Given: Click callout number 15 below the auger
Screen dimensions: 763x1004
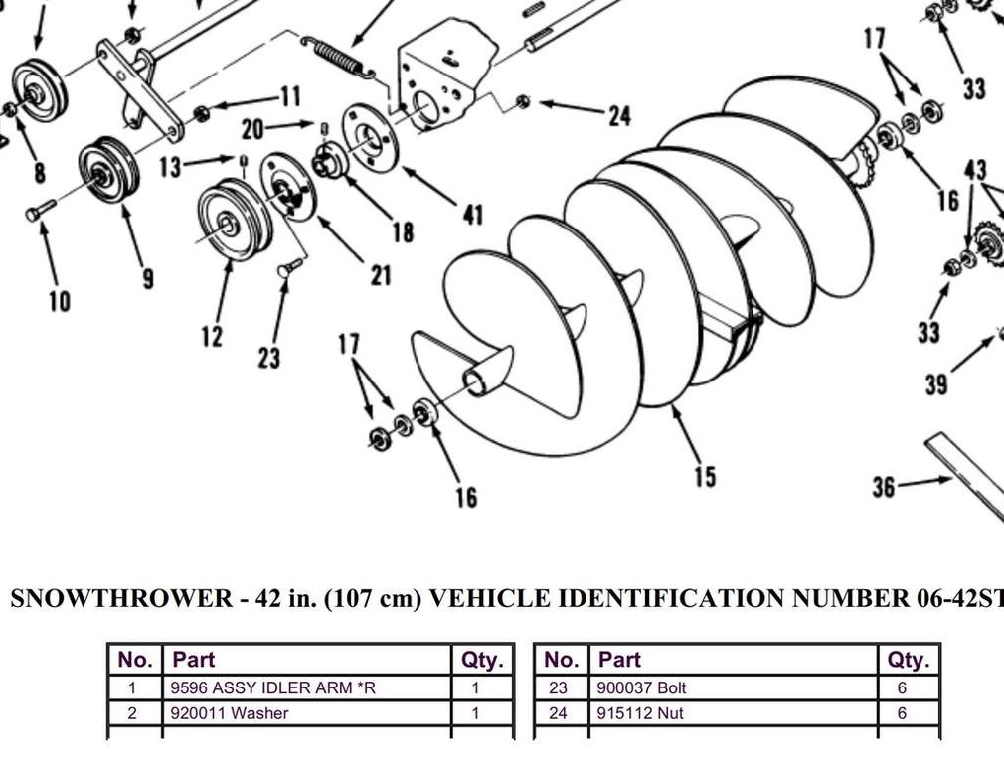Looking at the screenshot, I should tap(704, 477).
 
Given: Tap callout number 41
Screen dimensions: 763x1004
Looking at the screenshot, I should tap(472, 214).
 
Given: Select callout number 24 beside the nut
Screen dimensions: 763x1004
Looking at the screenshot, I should tap(619, 116).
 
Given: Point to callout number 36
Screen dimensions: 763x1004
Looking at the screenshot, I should tap(883, 487).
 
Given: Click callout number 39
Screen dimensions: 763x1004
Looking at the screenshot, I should tap(935, 384).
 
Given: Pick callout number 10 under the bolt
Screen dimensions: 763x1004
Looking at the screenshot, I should tap(59, 301).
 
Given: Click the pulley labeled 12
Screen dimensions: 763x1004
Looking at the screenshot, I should tap(235, 221).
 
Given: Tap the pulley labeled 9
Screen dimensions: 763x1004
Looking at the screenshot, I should tap(108, 172).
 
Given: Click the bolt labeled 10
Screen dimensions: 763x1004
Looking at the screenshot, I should tap(41, 211).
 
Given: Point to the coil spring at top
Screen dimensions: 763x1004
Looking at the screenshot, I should tap(337, 57).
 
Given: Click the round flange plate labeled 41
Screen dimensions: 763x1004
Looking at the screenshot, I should tap(371, 137).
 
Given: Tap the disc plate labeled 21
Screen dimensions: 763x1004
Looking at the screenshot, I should tap(288, 187).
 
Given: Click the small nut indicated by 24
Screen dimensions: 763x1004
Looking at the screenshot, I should tap(523, 100).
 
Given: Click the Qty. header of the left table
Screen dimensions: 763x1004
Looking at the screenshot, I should tap(483, 660).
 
